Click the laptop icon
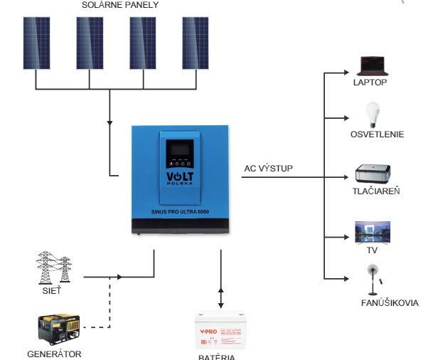[x=370, y=66]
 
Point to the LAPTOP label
[x=370, y=82]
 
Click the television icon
[x=372, y=233]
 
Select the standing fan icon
[x=371, y=280]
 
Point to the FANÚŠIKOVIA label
[x=390, y=304]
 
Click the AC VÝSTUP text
[x=268, y=169]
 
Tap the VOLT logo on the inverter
[x=181, y=176]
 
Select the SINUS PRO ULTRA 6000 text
[x=181, y=211]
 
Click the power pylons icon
[x=54, y=269]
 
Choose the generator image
[x=58, y=330]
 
